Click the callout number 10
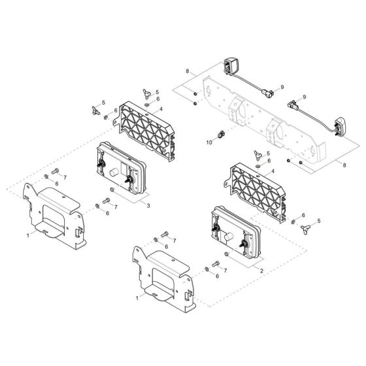(209, 142)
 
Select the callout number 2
(261, 271)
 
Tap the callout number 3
(148, 206)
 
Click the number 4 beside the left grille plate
(161, 109)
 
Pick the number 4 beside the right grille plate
(273, 171)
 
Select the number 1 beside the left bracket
(27, 235)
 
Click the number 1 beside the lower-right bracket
(137, 298)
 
